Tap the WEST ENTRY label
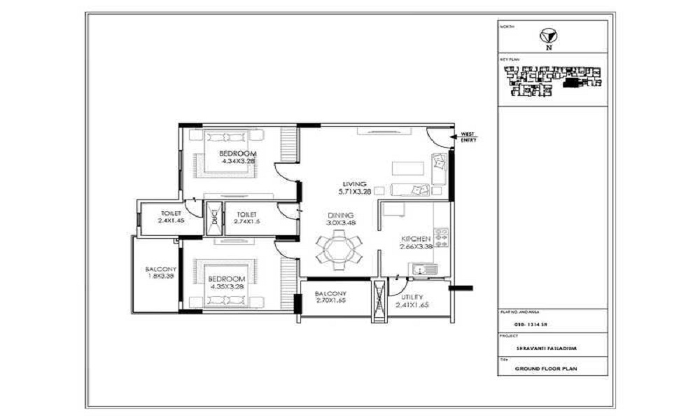pos(467,137)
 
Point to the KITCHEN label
pos(415,238)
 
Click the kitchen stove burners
pos(441,237)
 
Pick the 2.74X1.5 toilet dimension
pos(247,221)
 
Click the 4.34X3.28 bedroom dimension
pos(238,160)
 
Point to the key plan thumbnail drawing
pos(550,80)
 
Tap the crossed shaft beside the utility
pos(379,300)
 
